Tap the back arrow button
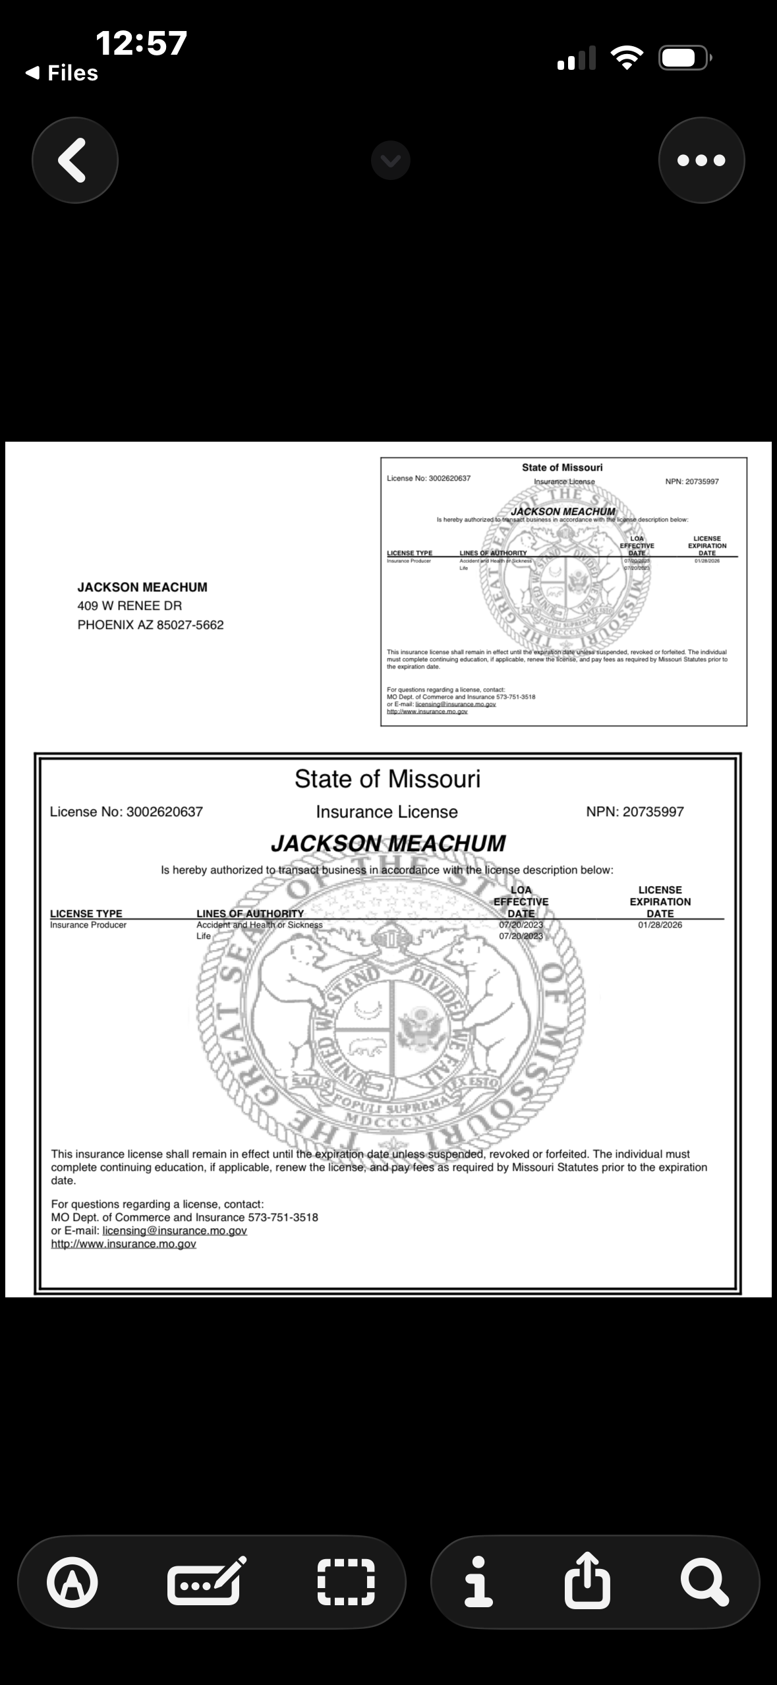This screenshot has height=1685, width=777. click(74, 160)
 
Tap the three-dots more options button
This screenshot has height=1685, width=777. click(701, 160)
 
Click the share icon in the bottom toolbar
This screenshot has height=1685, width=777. click(587, 1582)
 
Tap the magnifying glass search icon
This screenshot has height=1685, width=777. click(704, 1582)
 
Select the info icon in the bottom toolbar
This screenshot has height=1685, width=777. click(479, 1582)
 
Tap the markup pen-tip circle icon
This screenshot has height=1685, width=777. click(72, 1582)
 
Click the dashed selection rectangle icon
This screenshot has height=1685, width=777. click(346, 1582)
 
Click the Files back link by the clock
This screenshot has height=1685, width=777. click(63, 73)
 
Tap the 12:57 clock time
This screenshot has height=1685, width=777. click(141, 44)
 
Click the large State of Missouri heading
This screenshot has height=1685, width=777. click(388, 779)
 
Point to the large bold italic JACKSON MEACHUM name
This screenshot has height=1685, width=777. click(388, 843)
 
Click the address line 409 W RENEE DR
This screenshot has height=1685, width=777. click(130, 606)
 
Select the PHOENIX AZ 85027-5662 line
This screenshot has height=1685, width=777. click(151, 625)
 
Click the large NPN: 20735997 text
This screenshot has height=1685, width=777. click(635, 812)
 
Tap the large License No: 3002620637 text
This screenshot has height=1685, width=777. click(127, 812)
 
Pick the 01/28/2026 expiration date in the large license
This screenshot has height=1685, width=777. click(660, 925)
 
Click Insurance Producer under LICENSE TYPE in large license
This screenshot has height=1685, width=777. click(88, 925)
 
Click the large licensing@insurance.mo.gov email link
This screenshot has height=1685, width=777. click(175, 1231)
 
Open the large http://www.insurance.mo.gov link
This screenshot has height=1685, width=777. click(124, 1244)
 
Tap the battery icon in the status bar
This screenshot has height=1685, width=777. click(684, 59)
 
